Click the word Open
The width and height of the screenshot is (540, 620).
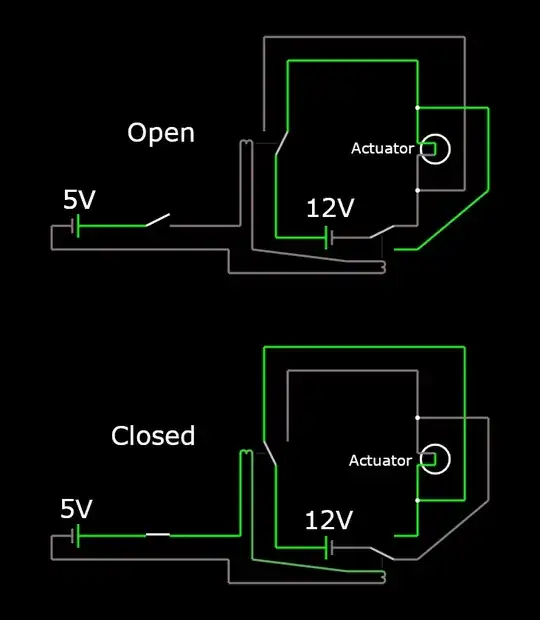[x=160, y=133]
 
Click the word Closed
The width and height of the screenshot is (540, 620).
[x=153, y=436]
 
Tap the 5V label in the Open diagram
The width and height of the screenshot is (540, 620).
[x=79, y=200]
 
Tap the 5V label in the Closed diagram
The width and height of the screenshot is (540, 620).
[x=76, y=509]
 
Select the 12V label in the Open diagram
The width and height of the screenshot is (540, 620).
[x=330, y=209]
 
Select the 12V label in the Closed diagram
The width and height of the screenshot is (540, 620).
[x=329, y=521]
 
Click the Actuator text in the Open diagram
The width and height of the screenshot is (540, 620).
[x=382, y=149]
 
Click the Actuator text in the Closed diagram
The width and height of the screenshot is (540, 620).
[x=380, y=461]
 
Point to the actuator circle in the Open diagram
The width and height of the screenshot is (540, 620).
[x=435, y=149]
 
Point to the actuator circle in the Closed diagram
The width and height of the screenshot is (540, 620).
[x=435, y=460]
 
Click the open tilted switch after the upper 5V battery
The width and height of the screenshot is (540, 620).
[x=158, y=220]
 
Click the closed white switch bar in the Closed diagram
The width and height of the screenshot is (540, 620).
[x=158, y=535]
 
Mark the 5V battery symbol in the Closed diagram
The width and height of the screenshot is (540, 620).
[x=75, y=537]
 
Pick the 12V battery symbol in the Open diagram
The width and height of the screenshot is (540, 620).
[x=329, y=238]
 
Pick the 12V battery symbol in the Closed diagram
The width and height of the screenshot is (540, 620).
[x=329, y=549]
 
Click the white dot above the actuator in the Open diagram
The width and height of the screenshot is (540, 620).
[x=417, y=107]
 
